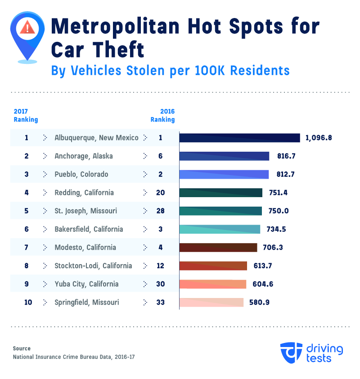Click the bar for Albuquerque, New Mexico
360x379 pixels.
pos(239,138)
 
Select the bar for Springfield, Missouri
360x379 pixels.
pos(211,302)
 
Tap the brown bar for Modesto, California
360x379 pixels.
pos(218,248)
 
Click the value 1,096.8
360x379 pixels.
pos(318,138)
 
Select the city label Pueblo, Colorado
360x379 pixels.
pos(81,174)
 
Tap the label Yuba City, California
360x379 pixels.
pos(86,284)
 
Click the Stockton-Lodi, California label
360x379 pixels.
pos(93,266)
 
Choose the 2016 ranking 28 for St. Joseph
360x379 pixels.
pos(160,211)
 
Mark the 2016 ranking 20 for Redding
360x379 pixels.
pos(160,193)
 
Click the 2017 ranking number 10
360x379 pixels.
pos(28,302)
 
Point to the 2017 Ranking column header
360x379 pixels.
pos(26,116)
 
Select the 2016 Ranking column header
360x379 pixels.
pos(162,116)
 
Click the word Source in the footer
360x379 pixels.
pos(22,348)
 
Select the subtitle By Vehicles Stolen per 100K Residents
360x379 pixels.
pos(170,71)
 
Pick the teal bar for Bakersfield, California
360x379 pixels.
pos(220,229)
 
